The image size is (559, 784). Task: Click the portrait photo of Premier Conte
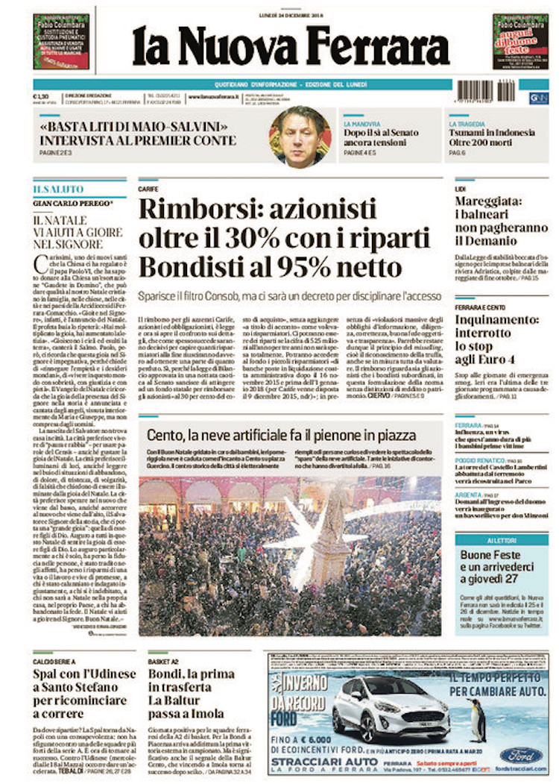[300, 137]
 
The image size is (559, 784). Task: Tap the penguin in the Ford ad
[477, 720]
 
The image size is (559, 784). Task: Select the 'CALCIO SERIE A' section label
[54, 662]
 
